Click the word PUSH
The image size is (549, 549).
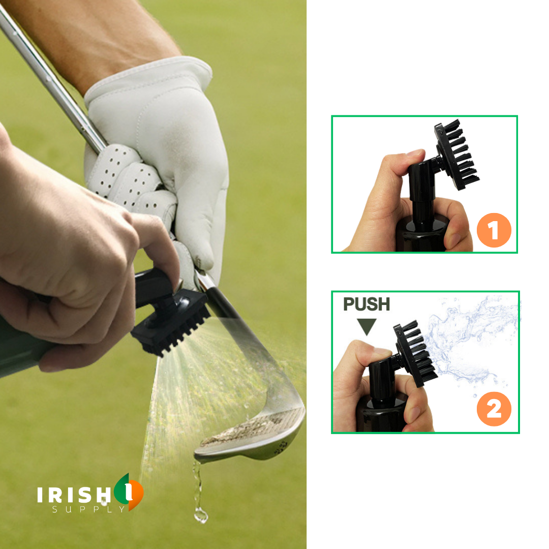point(366,304)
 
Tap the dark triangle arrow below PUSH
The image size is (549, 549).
point(366,326)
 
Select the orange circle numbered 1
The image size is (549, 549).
point(494,230)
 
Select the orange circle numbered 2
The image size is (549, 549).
point(494,409)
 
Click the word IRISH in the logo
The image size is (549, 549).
point(74,495)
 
